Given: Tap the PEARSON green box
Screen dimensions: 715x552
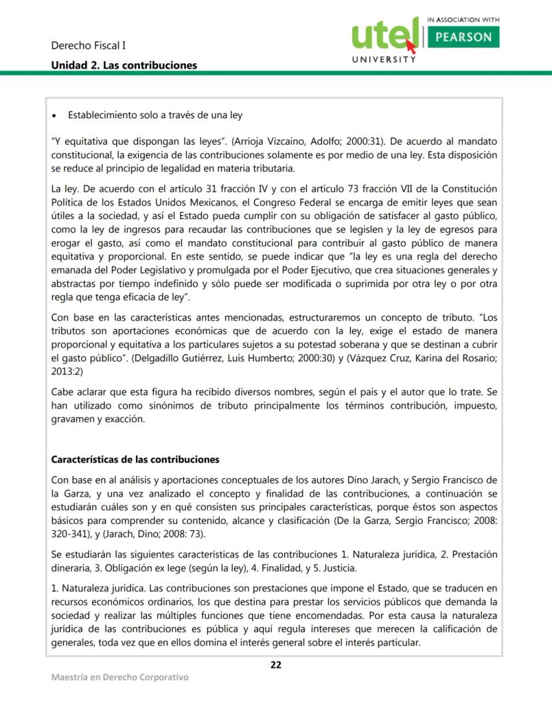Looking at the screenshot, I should coord(464,37).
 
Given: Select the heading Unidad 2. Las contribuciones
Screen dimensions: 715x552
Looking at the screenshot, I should coord(124,65).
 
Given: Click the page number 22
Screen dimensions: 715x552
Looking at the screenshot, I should coord(275,664).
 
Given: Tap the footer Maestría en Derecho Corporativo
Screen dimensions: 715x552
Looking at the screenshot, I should coord(120,678).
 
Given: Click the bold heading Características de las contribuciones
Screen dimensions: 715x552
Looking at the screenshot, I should coord(135,460).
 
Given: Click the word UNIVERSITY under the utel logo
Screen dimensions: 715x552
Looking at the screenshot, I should coord(383,59).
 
